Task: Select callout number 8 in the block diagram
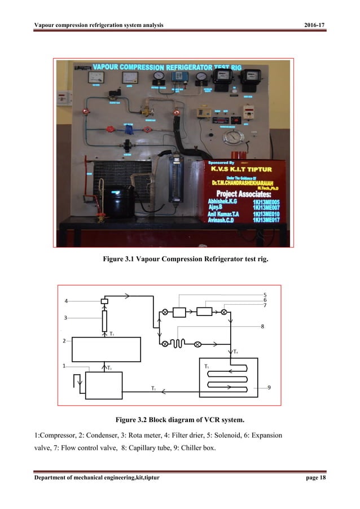263,326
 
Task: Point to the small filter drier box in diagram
104,301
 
